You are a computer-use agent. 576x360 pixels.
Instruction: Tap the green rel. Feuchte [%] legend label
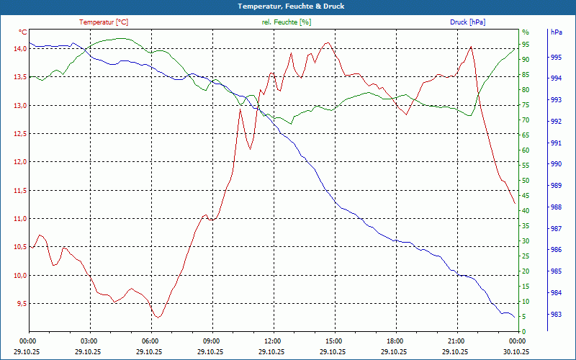287,22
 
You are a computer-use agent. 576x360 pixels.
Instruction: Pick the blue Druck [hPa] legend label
467,22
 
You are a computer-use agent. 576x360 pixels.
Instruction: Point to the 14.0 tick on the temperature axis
19,48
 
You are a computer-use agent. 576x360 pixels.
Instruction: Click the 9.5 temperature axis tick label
20,304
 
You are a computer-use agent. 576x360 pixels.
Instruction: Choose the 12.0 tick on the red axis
19,162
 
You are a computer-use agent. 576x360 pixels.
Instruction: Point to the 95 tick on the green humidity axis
526,45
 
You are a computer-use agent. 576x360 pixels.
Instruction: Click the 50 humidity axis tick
526,181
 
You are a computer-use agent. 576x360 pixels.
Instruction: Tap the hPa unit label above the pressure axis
556,32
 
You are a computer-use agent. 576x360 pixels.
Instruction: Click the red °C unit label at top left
22,32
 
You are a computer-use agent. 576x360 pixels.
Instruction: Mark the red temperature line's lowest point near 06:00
158,317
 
